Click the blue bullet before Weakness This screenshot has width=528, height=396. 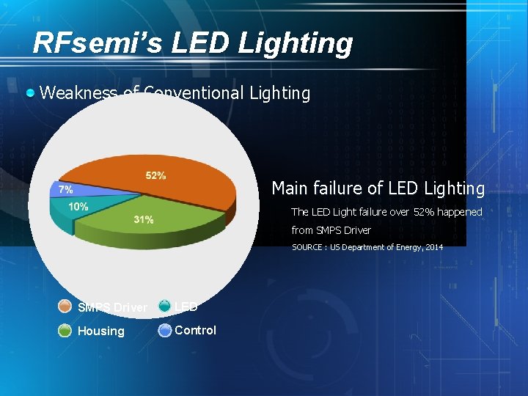[x=30, y=93]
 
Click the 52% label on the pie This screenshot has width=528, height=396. [x=155, y=175]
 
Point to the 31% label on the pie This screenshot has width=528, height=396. [x=144, y=220]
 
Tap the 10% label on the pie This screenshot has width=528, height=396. [x=78, y=207]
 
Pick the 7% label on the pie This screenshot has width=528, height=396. [x=65, y=189]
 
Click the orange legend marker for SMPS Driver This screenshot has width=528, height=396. [x=65, y=307]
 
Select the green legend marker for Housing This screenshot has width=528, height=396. [x=65, y=331]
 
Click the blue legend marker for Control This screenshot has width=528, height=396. [x=164, y=330]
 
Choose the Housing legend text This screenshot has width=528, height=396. [x=101, y=331]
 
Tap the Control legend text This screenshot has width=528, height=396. [x=195, y=330]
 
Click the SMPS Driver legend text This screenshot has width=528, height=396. [x=112, y=307]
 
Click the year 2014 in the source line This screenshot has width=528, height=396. [x=433, y=247]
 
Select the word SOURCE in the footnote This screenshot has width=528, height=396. [x=308, y=247]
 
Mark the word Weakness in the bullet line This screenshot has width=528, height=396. [x=78, y=94]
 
